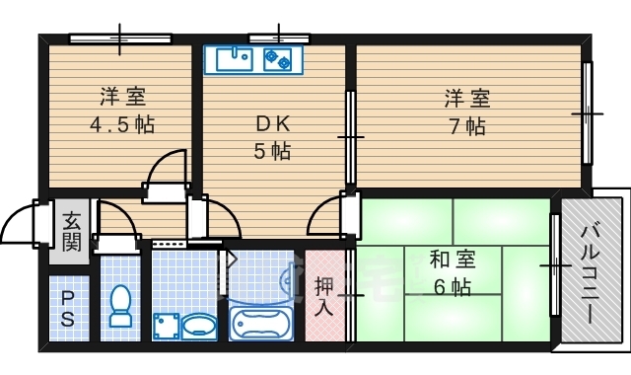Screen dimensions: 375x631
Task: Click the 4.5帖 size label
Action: (x=121, y=125)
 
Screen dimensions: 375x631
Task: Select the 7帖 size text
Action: (x=468, y=126)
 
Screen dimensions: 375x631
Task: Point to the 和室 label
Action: (x=453, y=261)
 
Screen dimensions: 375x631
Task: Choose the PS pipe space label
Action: (x=67, y=308)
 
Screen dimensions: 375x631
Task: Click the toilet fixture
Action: (x=121, y=306)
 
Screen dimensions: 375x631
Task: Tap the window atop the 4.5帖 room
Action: (x=120, y=38)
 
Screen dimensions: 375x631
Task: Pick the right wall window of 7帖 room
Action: (x=588, y=113)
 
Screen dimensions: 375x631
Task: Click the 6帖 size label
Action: (x=453, y=287)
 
